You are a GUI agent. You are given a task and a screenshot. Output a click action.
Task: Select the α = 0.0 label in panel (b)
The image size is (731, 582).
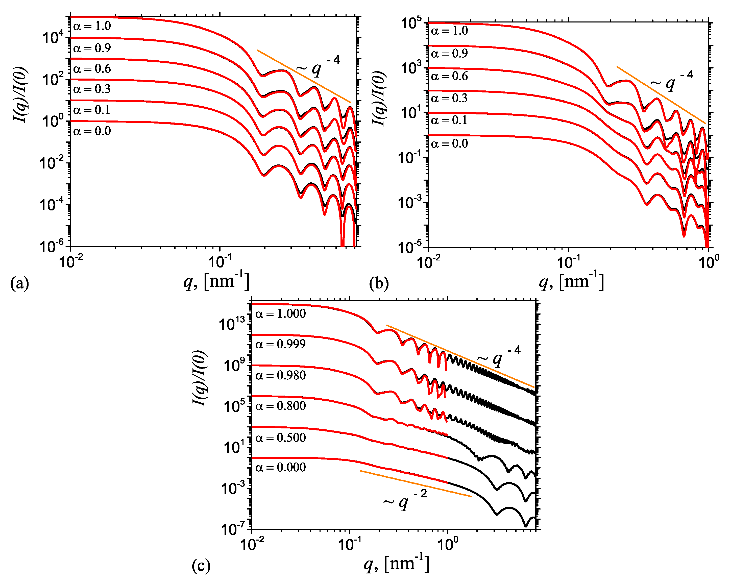point(449,144)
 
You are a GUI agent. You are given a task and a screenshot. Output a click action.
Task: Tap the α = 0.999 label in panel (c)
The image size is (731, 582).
point(280,344)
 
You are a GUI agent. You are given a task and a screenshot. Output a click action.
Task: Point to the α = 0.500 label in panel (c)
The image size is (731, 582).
point(280,438)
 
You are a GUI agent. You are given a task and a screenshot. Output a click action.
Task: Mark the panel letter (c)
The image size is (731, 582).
point(201,566)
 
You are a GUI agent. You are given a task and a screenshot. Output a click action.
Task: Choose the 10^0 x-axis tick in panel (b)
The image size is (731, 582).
point(709,262)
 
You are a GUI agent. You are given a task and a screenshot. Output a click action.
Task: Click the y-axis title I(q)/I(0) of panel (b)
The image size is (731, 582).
point(379,98)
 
